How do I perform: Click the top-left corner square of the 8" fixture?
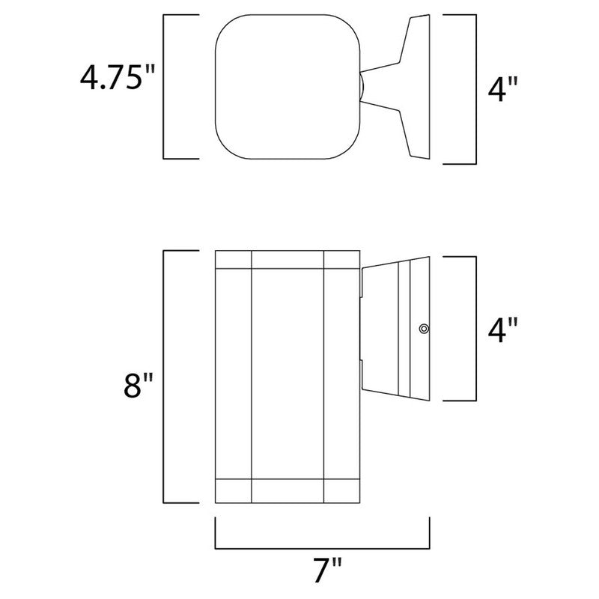point(233,259)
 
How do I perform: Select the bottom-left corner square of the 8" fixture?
point(233,491)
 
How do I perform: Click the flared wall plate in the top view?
point(408,88)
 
